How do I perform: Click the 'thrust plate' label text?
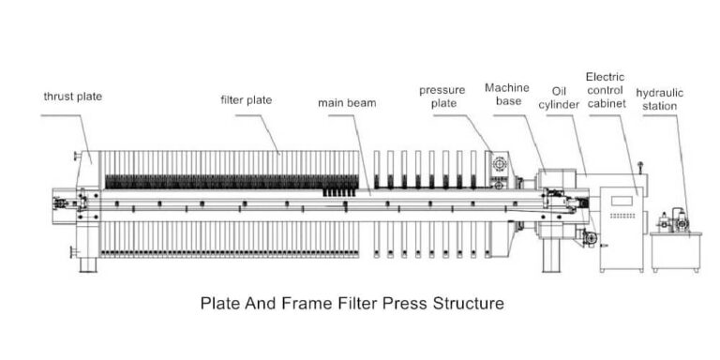pos(72,97)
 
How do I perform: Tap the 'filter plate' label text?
pos(247,98)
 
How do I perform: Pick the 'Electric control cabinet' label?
pos(606,91)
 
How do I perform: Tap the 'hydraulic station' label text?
pos(662,99)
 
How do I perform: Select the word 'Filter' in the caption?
pos(341,305)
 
